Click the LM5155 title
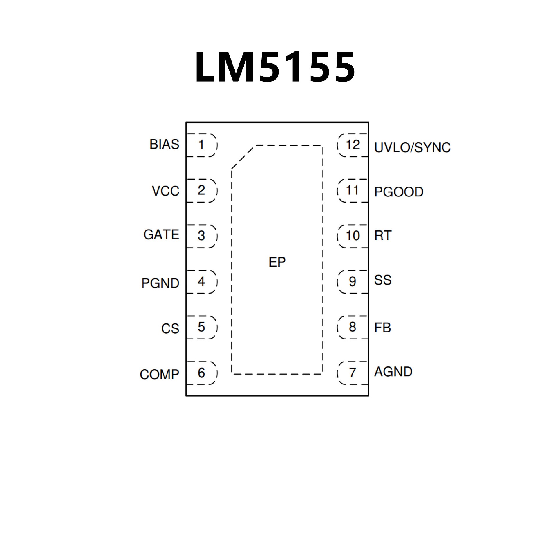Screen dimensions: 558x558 [x=275, y=67]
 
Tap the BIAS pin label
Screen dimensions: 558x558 [x=164, y=144]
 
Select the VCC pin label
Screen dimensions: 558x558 [x=165, y=191]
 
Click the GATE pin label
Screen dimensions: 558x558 [x=161, y=235]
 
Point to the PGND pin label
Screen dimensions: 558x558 [x=160, y=283]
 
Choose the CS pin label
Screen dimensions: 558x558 [x=170, y=329]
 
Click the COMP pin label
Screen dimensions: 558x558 [x=159, y=375]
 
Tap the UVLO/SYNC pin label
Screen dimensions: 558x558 [x=412, y=148]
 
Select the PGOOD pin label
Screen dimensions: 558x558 [x=399, y=192]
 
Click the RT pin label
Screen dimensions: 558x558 [x=383, y=236]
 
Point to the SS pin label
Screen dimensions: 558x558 [x=383, y=280]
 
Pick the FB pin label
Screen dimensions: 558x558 [x=382, y=328]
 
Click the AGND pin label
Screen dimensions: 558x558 [x=393, y=372]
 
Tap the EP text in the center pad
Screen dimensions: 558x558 [x=277, y=262]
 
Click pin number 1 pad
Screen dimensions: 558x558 [x=201, y=145]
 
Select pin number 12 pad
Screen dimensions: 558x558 [x=353, y=145]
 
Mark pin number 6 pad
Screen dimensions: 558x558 [x=201, y=373]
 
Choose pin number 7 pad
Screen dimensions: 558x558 [x=353, y=373]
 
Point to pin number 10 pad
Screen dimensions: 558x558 [x=353, y=236]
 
